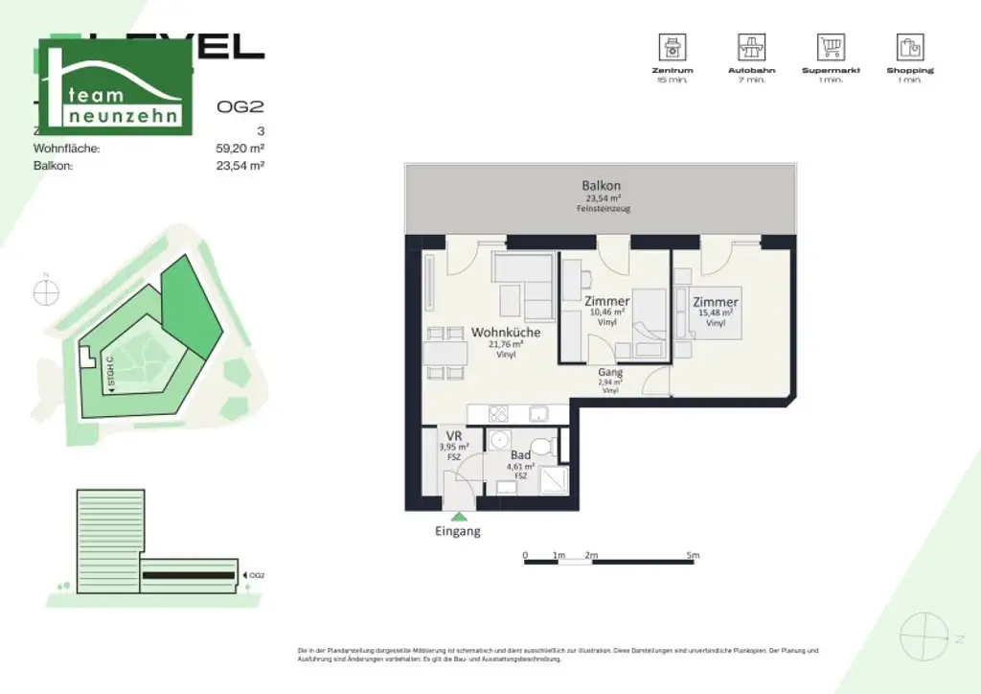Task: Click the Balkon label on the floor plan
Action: (x=602, y=186)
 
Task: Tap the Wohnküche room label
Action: (x=506, y=333)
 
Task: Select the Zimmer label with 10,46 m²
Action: (x=606, y=302)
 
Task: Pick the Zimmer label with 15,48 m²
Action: (x=716, y=303)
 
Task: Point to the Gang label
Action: (x=610, y=373)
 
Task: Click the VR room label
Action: (x=453, y=434)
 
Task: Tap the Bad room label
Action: (x=520, y=456)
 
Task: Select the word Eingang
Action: (x=458, y=532)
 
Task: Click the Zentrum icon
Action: (x=672, y=46)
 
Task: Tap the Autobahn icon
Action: (x=751, y=46)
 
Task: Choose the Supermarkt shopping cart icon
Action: (x=831, y=46)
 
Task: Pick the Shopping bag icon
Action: (x=909, y=46)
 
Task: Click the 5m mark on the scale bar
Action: (x=693, y=555)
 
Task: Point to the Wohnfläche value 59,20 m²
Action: (x=240, y=149)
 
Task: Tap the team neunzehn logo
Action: (x=114, y=89)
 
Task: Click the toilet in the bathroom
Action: (x=543, y=446)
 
